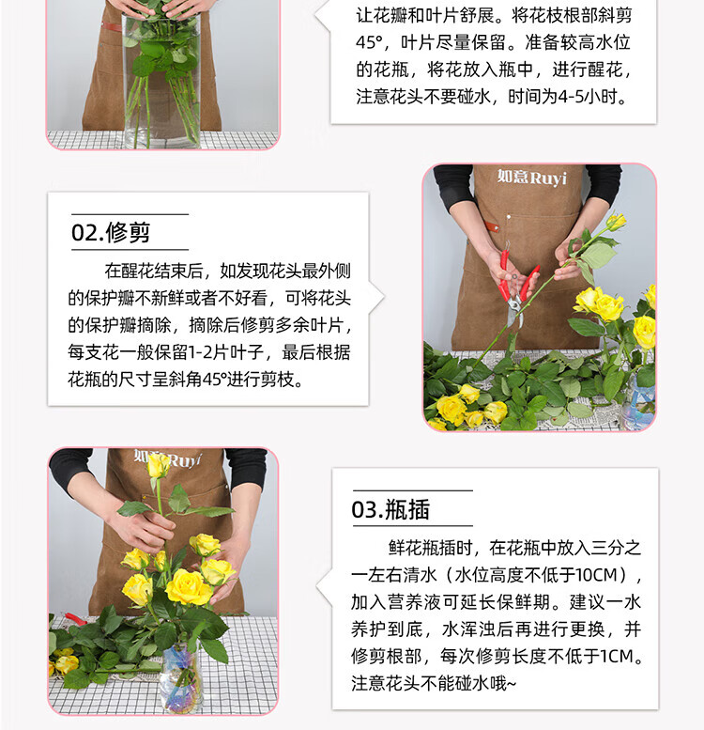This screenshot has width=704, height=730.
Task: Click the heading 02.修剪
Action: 111,232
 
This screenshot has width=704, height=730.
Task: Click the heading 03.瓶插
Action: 390,509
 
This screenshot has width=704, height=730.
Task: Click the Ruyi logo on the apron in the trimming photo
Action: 531,178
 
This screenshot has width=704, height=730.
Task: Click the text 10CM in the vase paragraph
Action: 595,575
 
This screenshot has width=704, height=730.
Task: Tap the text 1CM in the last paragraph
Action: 617,657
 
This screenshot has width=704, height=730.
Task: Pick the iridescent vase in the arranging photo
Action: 180,677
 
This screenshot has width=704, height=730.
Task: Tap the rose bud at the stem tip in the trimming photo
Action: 615,222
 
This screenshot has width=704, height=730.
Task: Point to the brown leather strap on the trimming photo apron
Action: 491,226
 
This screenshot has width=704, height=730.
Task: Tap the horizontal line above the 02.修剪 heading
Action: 130,214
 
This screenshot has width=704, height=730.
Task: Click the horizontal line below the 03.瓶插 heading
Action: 413,526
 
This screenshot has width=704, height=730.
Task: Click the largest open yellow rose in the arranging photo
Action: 189,586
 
